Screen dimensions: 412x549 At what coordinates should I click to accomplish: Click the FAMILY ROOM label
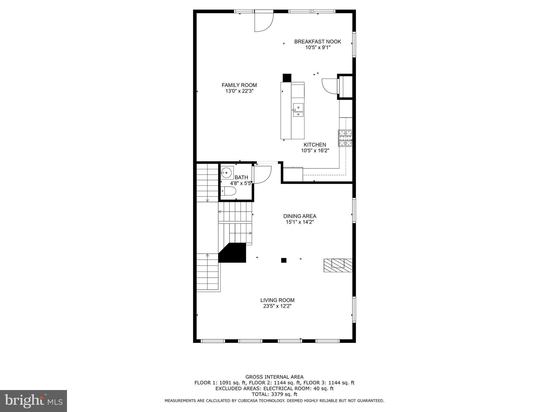click(x=239, y=85)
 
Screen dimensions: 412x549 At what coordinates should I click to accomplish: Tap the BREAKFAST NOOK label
click(x=318, y=42)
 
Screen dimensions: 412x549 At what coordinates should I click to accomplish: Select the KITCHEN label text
click(x=315, y=145)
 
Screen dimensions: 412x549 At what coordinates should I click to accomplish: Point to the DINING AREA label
click(x=300, y=216)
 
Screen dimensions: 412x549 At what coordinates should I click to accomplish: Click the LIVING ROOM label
click(x=277, y=300)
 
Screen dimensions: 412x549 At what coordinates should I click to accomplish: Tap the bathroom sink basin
click(x=227, y=173)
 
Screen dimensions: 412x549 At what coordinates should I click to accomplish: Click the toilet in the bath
click(x=229, y=191)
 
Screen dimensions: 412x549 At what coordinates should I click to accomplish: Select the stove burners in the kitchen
click(x=345, y=138)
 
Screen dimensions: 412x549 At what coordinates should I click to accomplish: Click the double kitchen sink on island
click(x=298, y=110)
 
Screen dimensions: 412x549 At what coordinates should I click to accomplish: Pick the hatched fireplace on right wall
click(x=338, y=265)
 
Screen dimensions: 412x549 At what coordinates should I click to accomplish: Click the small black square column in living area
click(x=284, y=260)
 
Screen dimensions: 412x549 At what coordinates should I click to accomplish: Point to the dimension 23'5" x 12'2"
click(x=277, y=306)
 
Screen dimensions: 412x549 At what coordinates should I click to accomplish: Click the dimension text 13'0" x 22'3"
click(x=239, y=91)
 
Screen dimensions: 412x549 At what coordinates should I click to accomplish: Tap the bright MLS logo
click(x=33, y=401)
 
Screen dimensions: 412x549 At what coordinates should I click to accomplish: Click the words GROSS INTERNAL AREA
click(x=274, y=377)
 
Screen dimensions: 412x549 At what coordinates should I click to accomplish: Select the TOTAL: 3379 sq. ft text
click(x=274, y=394)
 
